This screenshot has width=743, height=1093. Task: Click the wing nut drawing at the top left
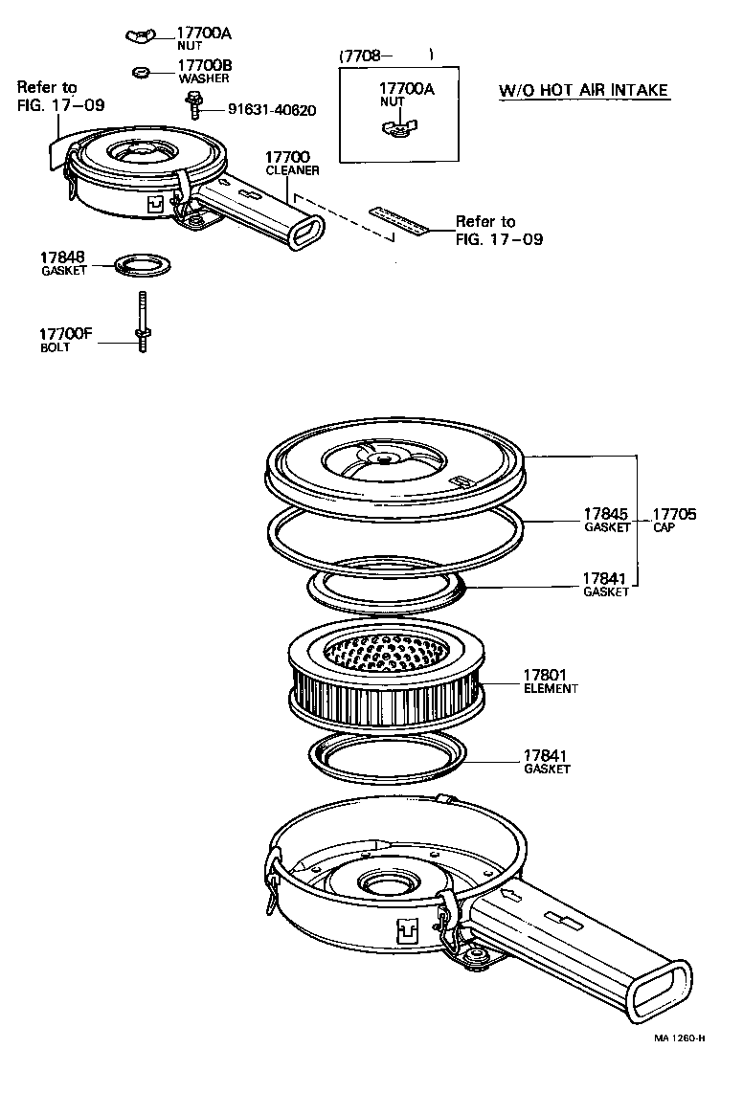(x=140, y=37)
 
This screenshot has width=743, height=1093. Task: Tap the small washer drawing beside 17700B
(x=140, y=71)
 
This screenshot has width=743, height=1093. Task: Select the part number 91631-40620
(x=272, y=110)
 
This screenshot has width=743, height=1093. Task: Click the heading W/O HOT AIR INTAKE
(x=583, y=92)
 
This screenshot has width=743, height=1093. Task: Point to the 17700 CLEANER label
(x=291, y=163)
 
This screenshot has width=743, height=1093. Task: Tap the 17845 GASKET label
(x=607, y=519)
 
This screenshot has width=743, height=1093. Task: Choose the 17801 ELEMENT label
(x=550, y=680)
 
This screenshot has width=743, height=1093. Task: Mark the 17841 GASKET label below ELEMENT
(x=548, y=761)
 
